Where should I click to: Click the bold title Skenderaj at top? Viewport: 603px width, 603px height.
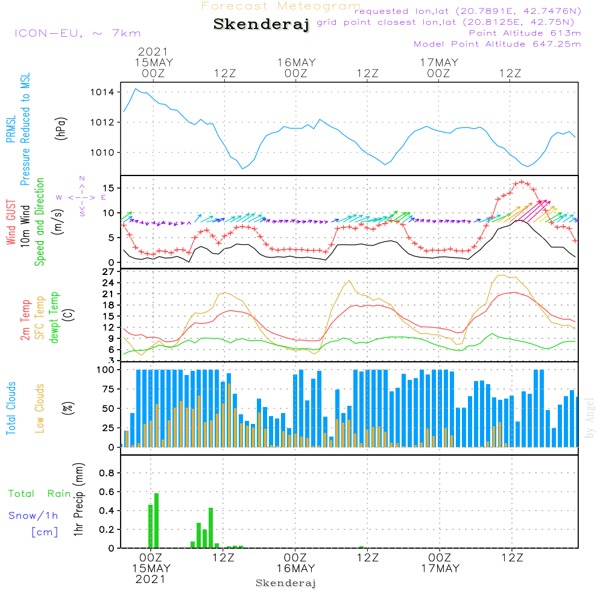[x=261, y=25]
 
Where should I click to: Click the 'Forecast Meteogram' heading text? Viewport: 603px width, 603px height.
[x=281, y=7]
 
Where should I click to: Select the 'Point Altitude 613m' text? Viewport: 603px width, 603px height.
[x=525, y=33]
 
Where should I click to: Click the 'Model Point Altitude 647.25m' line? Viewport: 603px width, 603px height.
[x=497, y=44]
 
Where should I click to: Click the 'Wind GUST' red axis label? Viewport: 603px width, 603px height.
[x=11, y=223]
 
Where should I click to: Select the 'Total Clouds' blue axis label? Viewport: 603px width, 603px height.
[x=11, y=408]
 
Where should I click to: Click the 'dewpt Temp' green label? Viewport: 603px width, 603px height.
[x=54, y=318]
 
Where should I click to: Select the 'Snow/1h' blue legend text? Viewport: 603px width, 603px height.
[x=33, y=516]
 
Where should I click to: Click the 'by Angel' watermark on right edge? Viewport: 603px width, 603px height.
[x=590, y=417]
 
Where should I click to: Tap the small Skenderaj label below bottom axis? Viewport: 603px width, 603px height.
[x=286, y=583]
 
